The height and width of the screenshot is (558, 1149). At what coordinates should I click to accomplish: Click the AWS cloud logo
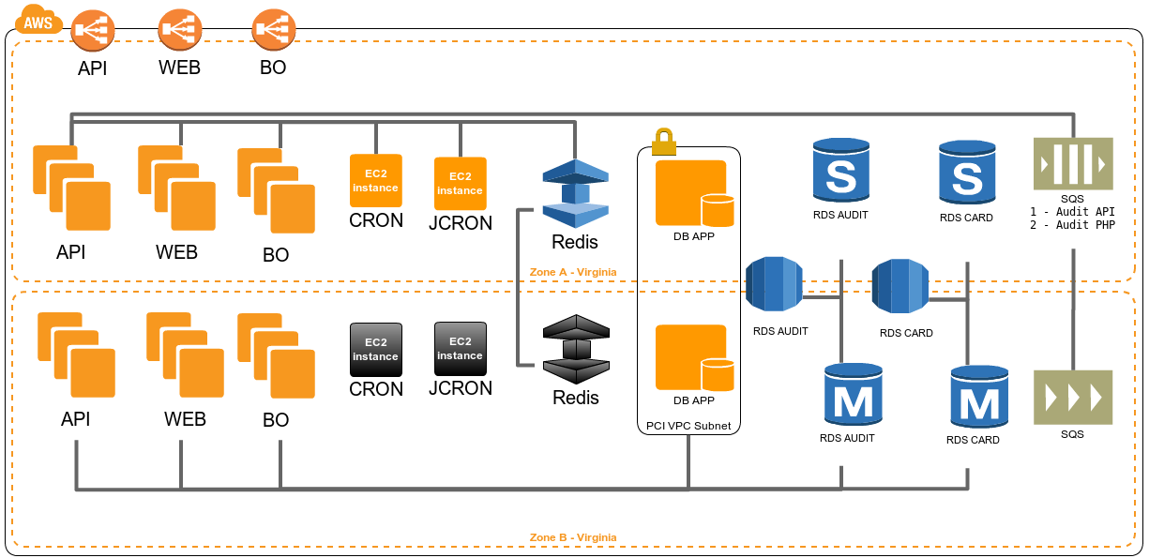(38, 21)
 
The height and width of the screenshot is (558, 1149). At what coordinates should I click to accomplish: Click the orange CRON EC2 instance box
(375, 181)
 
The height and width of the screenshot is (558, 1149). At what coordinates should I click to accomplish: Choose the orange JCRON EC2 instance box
(460, 184)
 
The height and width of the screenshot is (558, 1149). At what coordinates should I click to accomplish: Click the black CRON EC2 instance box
(375, 350)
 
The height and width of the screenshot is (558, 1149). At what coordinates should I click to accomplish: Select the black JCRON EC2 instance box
(460, 349)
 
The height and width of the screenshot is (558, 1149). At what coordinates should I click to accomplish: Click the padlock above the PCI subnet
(664, 142)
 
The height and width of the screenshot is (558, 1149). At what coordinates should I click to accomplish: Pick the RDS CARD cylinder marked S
(966, 173)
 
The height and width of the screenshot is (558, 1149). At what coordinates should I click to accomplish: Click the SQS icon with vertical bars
(1072, 163)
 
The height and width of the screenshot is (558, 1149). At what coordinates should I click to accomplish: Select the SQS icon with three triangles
(1072, 397)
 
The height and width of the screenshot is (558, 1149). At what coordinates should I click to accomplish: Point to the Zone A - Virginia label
(573, 272)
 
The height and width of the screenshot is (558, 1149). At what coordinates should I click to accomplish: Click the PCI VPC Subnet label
(688, 426)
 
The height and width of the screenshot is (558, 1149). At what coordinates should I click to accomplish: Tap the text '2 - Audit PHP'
(1072, 225)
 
